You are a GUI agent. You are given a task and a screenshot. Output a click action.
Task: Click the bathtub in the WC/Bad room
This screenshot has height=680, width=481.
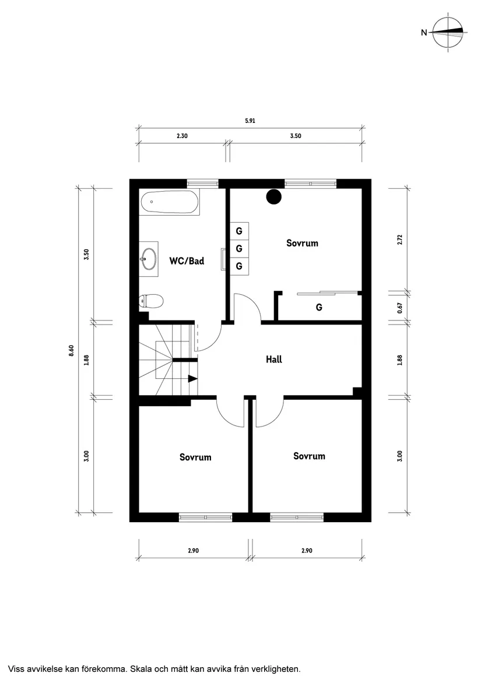[x=169, y=203]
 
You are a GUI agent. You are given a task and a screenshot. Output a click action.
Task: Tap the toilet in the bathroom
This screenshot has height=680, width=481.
[x=151, y=301]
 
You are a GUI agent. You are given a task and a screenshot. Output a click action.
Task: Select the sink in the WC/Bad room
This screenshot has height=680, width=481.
[x=149, y=257]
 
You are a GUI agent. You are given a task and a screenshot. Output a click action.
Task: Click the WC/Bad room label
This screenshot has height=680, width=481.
[x=187, y=261]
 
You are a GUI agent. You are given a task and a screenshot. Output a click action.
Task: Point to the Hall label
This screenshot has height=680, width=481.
[x=273, y=360]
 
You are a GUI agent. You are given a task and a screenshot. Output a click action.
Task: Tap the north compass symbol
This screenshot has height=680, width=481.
[x=448, y=33]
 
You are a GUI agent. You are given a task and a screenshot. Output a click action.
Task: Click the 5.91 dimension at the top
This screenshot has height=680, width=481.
[x=251, y=121]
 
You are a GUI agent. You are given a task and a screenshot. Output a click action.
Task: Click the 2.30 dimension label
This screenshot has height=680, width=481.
[x=182, y=136]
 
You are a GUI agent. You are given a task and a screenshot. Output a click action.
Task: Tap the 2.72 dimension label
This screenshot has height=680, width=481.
[x=400, y=239]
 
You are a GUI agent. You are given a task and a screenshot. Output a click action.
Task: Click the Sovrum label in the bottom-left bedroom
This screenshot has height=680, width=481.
[x=195, y=457]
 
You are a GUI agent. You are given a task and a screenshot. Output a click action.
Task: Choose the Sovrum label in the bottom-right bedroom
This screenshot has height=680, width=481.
[x=309, y=456]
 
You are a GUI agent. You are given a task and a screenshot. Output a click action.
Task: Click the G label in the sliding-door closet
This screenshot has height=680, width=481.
[x=319, y=307]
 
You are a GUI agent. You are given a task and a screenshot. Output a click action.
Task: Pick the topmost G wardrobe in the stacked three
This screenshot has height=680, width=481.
[x=239, y=231]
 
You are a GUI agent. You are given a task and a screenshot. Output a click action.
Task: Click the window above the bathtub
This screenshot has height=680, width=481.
[x=202, y=184]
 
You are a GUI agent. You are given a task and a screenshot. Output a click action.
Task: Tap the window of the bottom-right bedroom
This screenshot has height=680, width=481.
[x=297, y=517]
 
